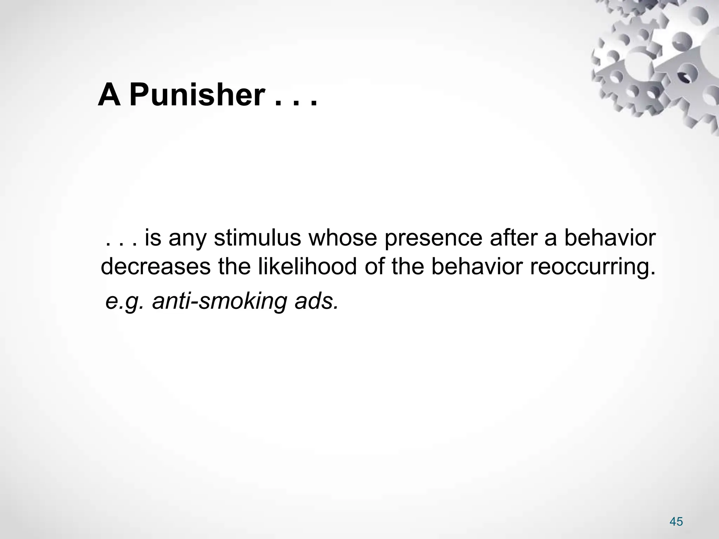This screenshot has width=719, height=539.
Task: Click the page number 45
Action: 676,512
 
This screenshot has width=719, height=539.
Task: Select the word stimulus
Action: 257,238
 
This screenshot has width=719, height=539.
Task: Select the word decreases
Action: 156,267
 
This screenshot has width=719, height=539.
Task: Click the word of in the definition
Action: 375,266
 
